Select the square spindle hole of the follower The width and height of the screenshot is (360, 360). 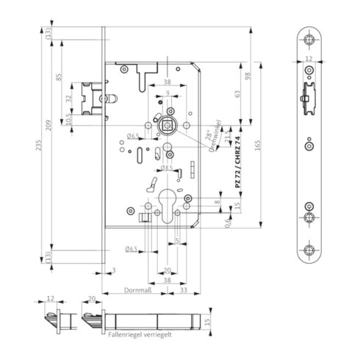pos(168,128)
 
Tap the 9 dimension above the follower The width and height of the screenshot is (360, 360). pos(168,94)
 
